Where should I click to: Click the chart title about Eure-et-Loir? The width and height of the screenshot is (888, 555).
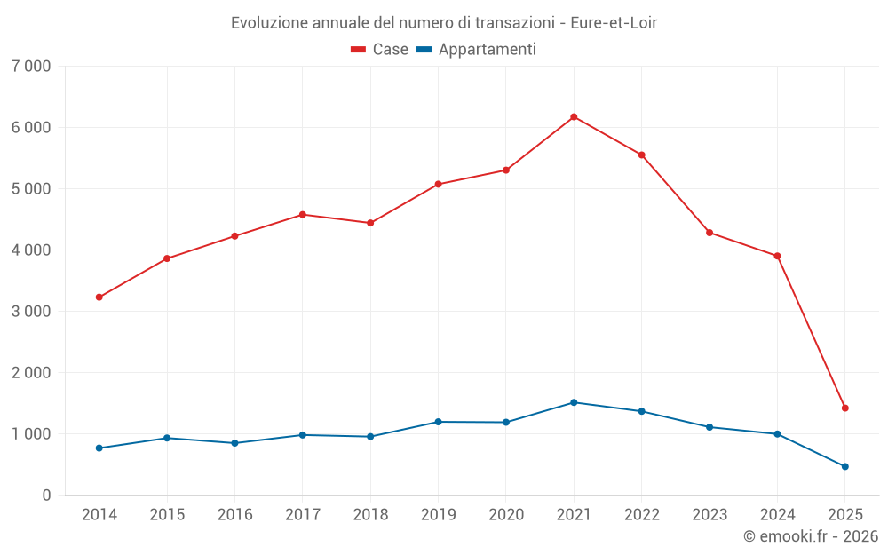(x=444, y=22)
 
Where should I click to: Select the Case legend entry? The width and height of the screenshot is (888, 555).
(x=380, y=50)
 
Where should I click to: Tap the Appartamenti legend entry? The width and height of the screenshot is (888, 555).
(x=477, y=50)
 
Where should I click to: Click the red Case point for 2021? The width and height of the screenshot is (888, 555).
(x=574, y=116)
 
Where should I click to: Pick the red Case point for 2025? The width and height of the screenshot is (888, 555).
(x=845, y=408)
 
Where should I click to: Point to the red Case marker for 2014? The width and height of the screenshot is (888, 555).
(x=99, y=297)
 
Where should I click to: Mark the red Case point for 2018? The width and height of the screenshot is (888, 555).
(x=370, y=223)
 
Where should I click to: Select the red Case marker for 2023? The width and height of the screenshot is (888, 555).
(x=710, y=233)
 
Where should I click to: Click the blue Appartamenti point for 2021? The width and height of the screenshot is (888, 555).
(x=574, y=402)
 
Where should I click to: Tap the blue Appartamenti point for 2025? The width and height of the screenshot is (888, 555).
(x=845, y=466)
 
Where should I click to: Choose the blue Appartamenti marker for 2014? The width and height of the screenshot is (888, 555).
(x=99, y=448)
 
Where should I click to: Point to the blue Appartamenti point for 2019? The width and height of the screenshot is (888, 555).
(x=438, y=422)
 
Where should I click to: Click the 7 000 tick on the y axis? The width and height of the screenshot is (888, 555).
(x=31, y=67)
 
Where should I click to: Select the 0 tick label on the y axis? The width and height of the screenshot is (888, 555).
(x=46, y=496)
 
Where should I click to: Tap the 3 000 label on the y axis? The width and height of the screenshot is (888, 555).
(x=31, y=312)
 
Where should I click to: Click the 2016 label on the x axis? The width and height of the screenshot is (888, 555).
(x=234, y=515)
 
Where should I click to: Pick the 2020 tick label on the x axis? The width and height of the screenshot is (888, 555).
(x=506, y=515)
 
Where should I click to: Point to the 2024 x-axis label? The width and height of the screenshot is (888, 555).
(x=777, y=515)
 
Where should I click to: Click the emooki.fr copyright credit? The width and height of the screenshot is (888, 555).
(x=810, y=536)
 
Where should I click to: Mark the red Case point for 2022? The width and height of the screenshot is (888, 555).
(x=641, y=155)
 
